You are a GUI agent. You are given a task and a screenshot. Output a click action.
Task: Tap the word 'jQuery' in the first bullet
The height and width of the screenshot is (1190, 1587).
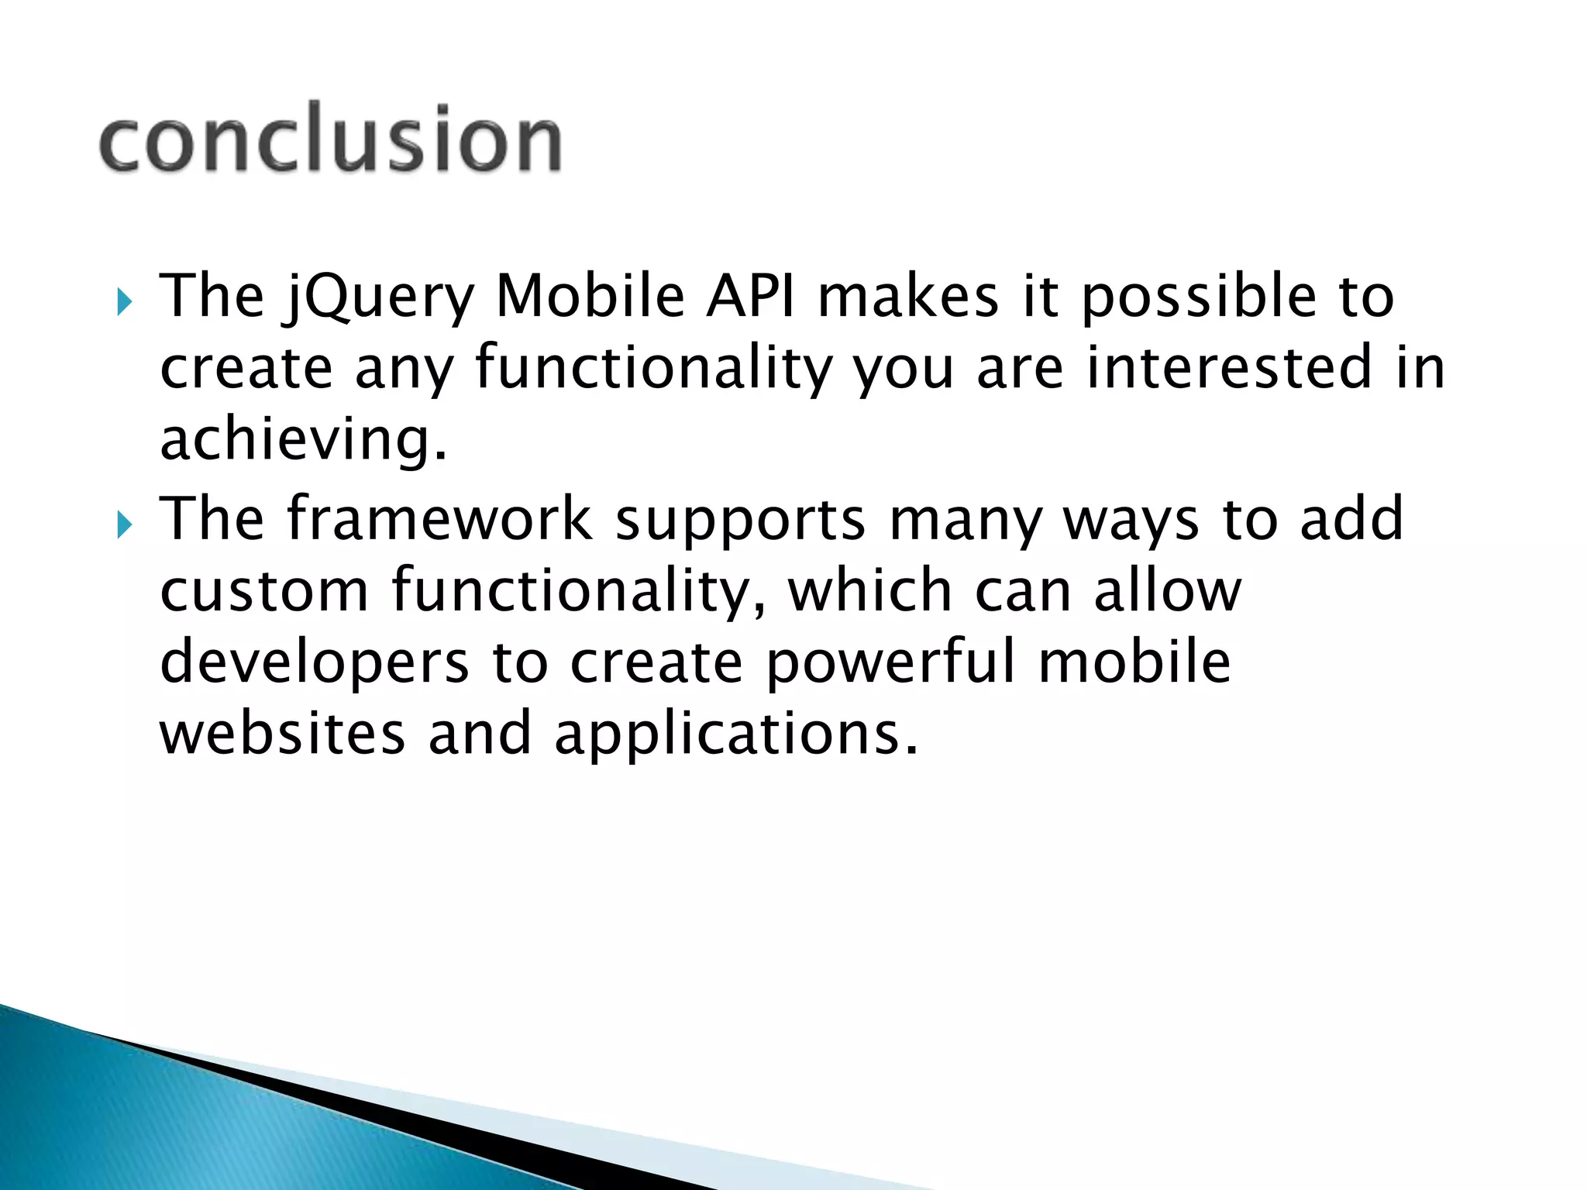pyautogui.click(x=379, y=297)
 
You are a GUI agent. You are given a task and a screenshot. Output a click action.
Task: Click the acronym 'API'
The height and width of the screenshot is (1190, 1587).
pyautogui.click(x=750, y=296)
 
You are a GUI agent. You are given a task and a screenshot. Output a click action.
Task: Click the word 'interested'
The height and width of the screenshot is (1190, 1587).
pyautogui.click(x=1229, y=367)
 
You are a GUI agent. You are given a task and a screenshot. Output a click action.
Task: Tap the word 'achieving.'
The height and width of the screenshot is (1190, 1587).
pyautogui.click(x=304, y=440)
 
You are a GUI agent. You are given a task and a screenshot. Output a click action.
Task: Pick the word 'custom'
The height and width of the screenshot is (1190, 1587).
pyautogui.click(x=264, y=590)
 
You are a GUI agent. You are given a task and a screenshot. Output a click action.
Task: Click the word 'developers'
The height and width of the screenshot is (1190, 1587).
pyautogui.click(x=315, y=663)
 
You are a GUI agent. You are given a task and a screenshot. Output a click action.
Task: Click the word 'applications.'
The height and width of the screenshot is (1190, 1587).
pyautogui.click(x=736, y=734)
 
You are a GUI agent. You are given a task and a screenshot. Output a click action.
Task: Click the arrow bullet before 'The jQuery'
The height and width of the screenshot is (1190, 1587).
pyautogui.click(x=125, y=301)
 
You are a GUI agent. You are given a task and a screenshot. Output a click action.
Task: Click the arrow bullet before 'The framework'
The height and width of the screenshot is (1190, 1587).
pyautogui.click(x=125, y=524)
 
